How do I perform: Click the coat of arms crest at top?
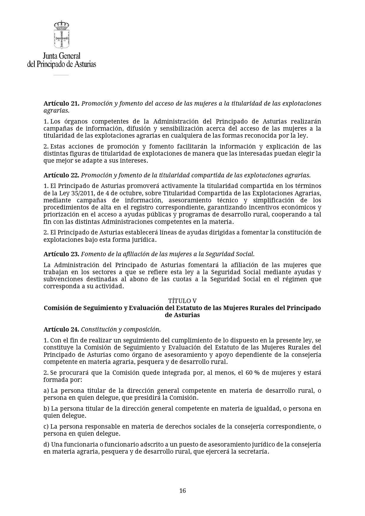[62, 34]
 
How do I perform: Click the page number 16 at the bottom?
[182, 490]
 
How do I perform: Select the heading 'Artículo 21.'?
[61, 104]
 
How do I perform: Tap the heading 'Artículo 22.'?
[61, 175]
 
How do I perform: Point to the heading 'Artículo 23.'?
[61, 254]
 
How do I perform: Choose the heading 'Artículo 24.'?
[61, 329]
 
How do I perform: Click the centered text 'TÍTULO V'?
[182, 301]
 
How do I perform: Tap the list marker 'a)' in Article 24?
[46, 391]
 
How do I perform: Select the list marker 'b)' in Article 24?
[47, 409]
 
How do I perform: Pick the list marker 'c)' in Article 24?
[46, 427]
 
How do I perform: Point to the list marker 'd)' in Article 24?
[47, 445]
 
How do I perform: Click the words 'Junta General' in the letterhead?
[62, 56]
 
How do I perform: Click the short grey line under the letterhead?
[61, 75]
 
